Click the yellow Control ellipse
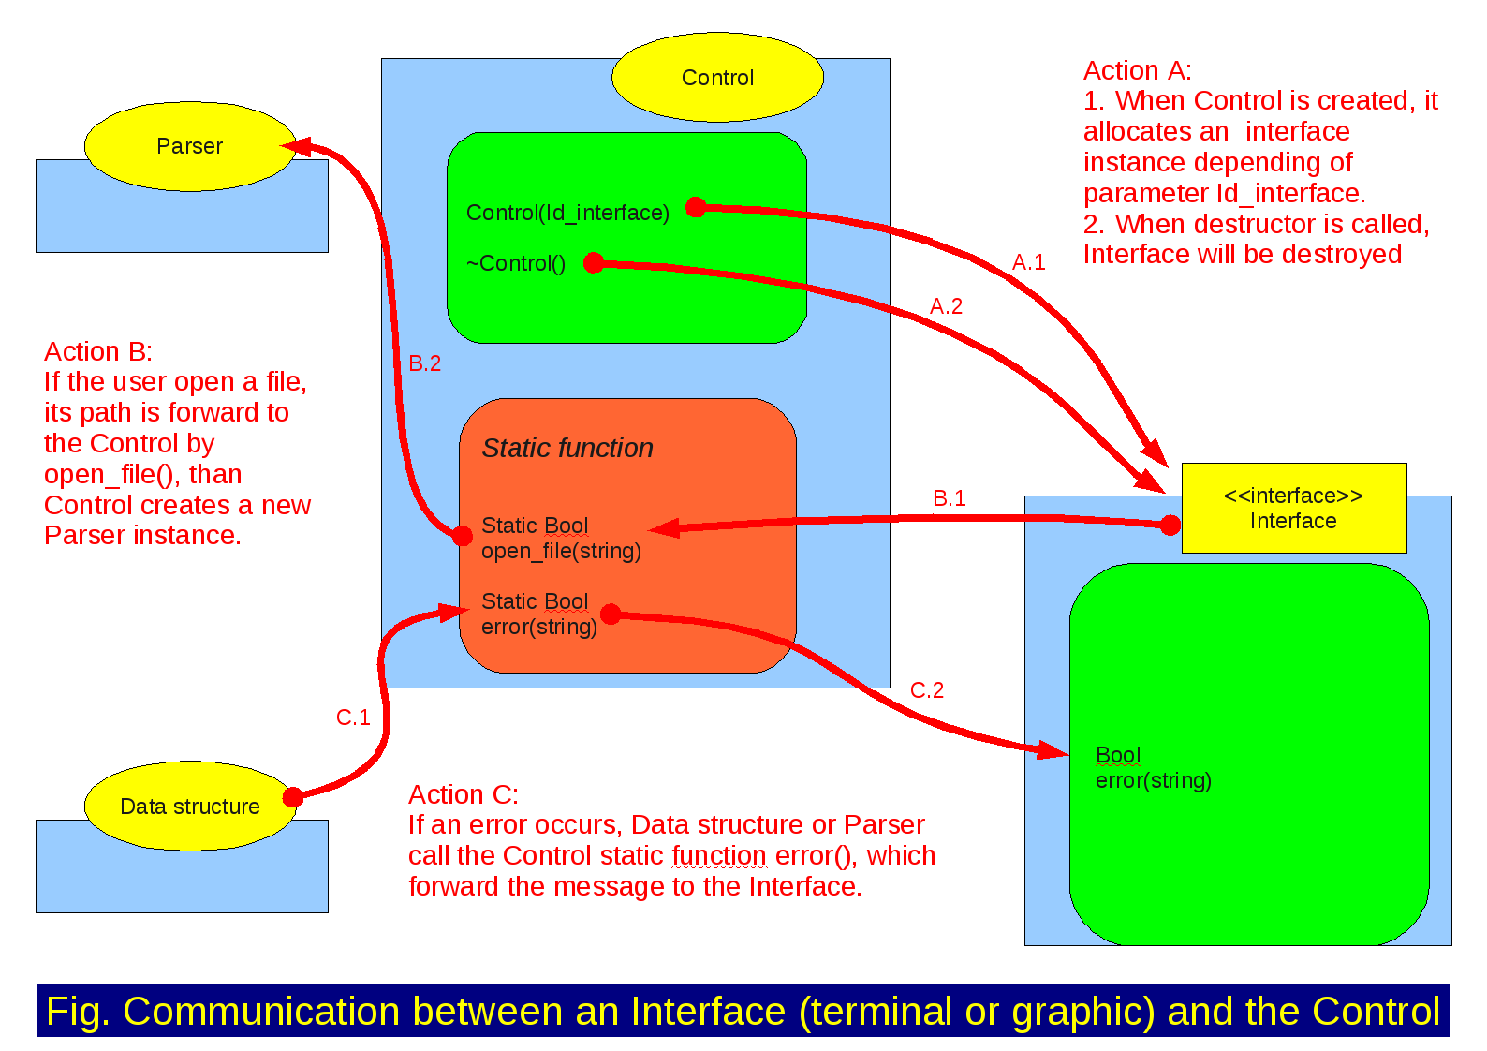click(717, 78)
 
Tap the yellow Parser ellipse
click(190, 146)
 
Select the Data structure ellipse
click(190, 807)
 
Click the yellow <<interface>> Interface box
click(1293, 508)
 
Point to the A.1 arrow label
click(1028, 263)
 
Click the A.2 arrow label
click(946, 307)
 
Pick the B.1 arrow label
click(949, 498)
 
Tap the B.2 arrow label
click(424, 364)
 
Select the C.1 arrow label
click(353, 718)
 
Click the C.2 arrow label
click(927, 690)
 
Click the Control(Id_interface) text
click(567, 214)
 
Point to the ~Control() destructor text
click(516, 264)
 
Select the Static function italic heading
click(567, 449)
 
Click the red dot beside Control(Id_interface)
click(696, 207)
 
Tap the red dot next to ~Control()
click(594, 263)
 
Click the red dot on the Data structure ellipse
click(293, 797)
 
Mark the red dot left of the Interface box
click(1170, 525)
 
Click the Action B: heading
click(98, 352)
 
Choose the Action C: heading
click(464, 795)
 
